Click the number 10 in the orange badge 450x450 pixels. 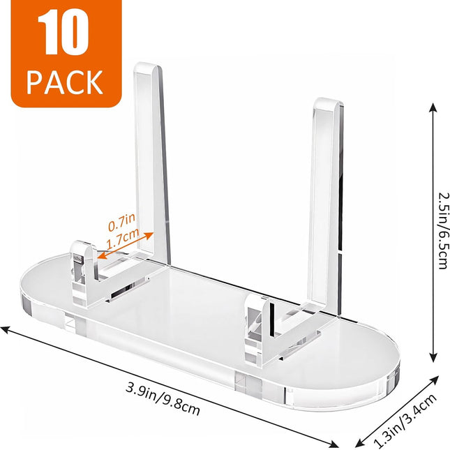[63, 32]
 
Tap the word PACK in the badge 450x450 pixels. [65, 82]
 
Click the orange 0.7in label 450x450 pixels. [121, 222]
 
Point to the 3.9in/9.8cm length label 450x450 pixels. [163, 399]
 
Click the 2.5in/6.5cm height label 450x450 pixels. [443, 230]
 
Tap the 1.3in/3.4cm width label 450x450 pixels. [405, 421]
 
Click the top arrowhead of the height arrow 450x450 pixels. [433, 107]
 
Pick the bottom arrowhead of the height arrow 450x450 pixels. [433, 357]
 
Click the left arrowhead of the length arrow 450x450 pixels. [5, 329]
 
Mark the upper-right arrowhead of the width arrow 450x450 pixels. [434, 380]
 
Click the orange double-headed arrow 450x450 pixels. [125, 246]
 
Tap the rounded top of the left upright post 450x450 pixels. [148, 68]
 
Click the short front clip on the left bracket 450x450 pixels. [84, 273]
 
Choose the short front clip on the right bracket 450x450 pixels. [259, 331]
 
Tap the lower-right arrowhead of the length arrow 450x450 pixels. [333, 444]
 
